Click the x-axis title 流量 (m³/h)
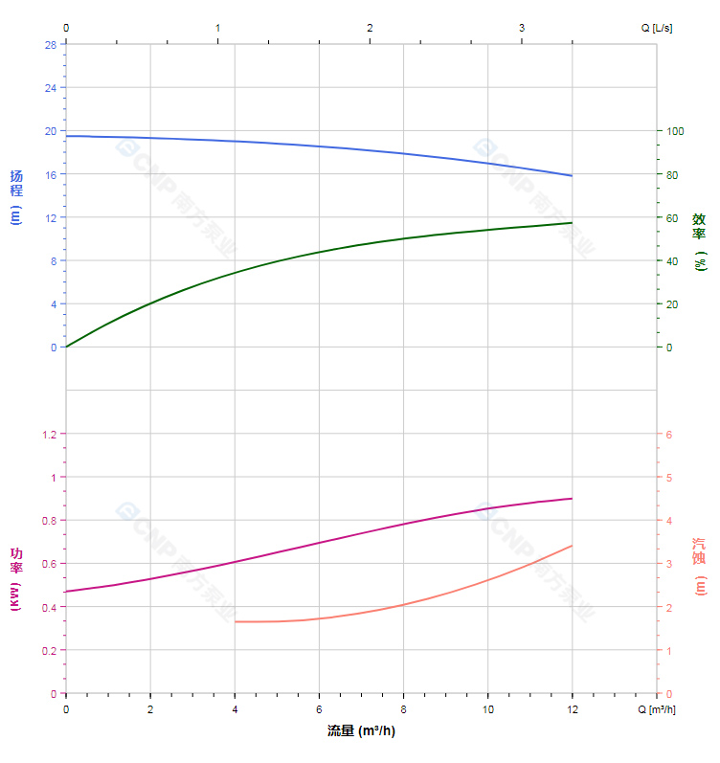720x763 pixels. point(361,731)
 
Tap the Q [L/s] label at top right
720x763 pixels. point(657,28)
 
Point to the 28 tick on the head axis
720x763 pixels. point(50,44)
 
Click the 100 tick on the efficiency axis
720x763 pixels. point(676,131)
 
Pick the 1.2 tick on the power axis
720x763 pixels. point(48,434)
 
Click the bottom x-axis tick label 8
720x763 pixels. point(403,709)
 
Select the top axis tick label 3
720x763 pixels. point(522,28)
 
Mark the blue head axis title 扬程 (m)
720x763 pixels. point(15,196)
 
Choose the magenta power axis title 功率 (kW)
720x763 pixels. point(15,580)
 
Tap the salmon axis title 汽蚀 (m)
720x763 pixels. point(700,565)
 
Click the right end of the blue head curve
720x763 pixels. point(572,176)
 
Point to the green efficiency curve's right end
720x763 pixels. point(572,223)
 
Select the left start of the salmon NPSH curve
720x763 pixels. point(235,621)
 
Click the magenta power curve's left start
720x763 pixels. point(66,592)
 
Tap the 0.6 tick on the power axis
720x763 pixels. point(48,564)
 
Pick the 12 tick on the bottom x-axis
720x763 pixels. point(572,709)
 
